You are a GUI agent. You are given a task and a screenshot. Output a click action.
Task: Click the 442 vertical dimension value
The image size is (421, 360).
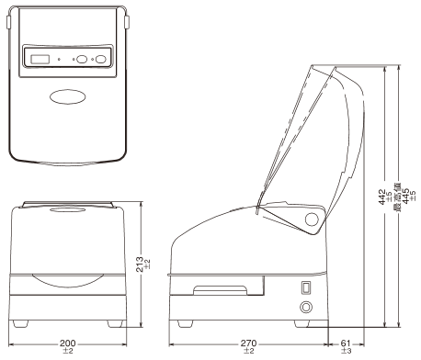point(383,197)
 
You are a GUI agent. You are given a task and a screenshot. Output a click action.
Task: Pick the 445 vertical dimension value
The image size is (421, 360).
point(404,197)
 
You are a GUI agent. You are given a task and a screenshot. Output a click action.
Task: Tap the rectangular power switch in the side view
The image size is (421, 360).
point(306,287)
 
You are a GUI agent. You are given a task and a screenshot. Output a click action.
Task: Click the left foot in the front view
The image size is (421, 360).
point(24,323)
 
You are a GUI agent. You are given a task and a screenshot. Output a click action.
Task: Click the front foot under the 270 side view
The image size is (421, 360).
point(185,323)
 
